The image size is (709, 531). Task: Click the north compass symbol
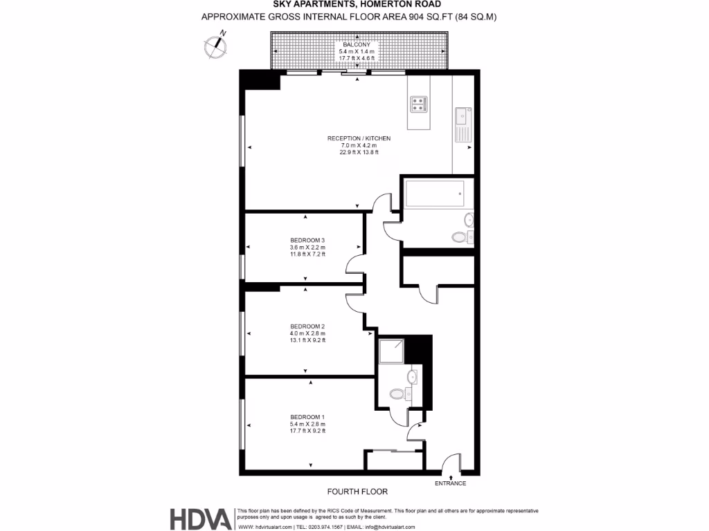[x=217, y=44]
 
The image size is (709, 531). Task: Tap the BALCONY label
[x=357, y=44]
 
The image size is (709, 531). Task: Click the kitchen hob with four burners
[x=419, y=104]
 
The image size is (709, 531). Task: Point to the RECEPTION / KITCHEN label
[x=359, y=138]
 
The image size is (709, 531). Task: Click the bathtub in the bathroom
[x=434, y=193]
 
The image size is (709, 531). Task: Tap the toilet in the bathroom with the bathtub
[x=459, y=236]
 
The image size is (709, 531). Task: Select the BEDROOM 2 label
[x=307, y=326]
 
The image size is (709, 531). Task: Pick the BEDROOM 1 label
[x=307, y=417]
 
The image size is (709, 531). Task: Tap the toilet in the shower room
[x=397, y=394]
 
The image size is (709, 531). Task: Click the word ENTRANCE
[x=451, y=483]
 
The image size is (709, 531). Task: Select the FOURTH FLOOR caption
[x=357, y=492]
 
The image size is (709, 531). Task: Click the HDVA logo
[x=201, y=519]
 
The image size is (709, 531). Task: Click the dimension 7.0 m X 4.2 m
[x=359, y=145]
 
